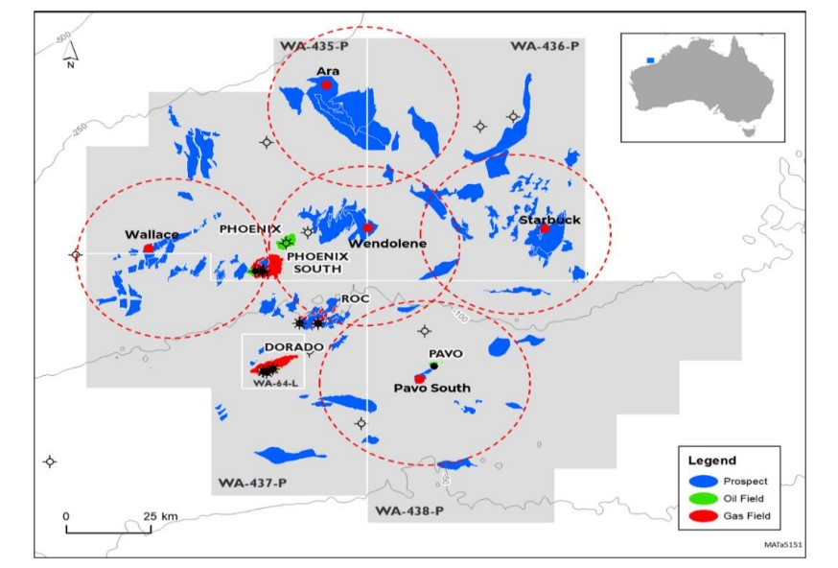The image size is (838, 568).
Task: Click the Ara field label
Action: tap(328, 71)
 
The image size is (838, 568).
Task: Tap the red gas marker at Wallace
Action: tap(149, 248)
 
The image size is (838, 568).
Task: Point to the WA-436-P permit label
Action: tap(544, 46)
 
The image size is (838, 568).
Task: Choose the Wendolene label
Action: tap(387, 244)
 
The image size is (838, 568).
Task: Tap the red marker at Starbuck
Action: tap(545, 229)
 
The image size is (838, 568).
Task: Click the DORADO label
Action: tap(268, 348)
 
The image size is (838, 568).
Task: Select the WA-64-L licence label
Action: tap(271, 383)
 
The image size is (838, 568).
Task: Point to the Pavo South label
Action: tap(432, 388)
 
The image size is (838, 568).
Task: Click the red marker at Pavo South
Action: tap(420, 379)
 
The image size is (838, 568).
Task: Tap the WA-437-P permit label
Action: tap(252, 481)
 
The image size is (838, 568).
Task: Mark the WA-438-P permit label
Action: tap(409, 509)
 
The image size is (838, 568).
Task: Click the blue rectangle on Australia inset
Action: tap(652, 59)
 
